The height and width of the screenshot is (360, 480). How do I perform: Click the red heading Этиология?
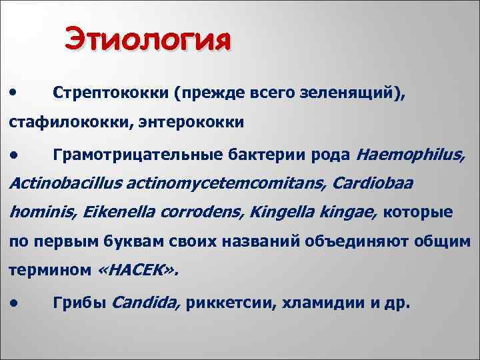tap(149, 39)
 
